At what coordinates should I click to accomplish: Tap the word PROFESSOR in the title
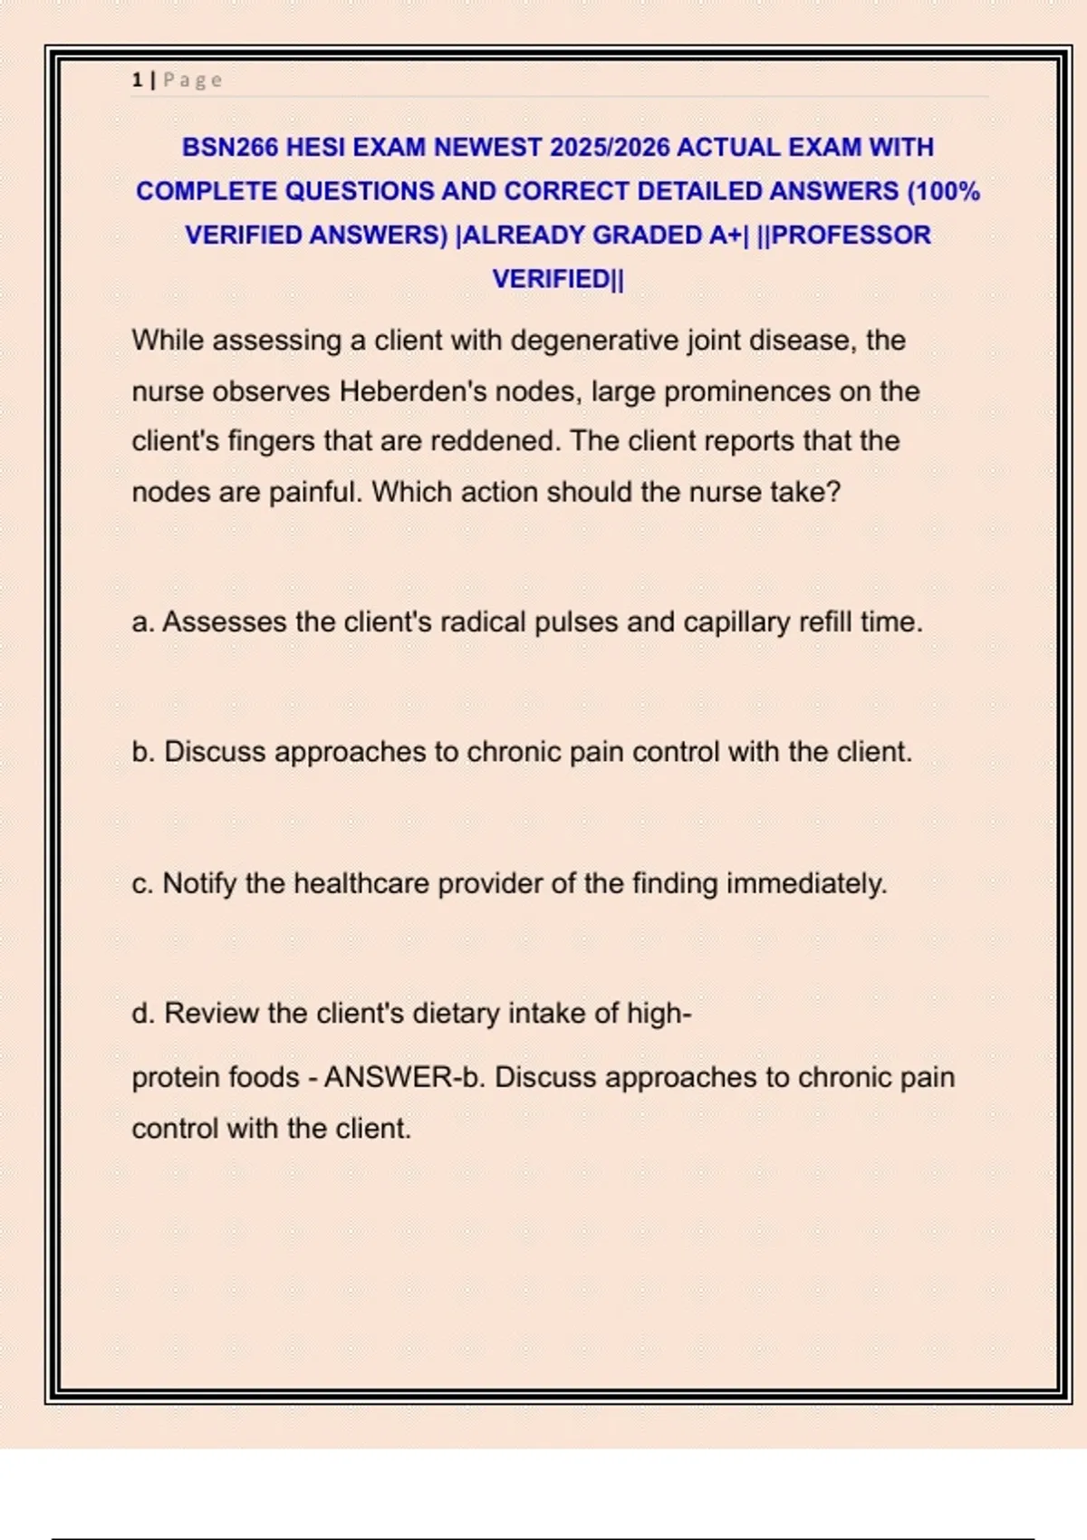(x=851, y=235)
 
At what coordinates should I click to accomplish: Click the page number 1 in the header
(x=137, y=80)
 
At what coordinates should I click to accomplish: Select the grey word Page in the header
(x=192, y=80)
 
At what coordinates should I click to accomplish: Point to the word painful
(x=315, y=492)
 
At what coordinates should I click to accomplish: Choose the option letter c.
(x=142, y=883)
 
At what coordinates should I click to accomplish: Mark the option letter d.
(x=143, y=1013)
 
